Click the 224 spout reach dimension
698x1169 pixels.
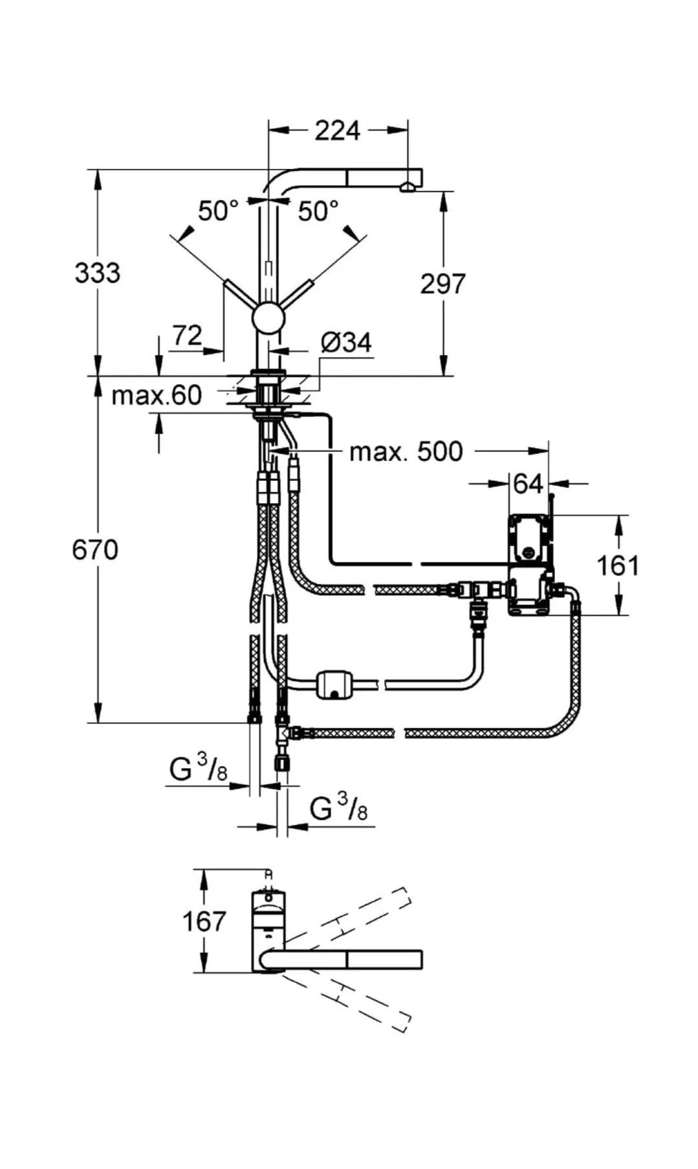click(337, 131)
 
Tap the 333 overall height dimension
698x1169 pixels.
click(97, 273)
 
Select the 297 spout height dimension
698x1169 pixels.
click(443, 284)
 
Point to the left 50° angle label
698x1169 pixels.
click(218, 211)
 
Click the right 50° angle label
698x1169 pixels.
click(318, 211)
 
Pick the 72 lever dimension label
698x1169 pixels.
click(187, 335)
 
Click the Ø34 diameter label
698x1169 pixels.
click(347, 342)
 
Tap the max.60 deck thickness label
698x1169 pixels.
click(157, 395)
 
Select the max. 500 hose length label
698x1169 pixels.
click(406, 452)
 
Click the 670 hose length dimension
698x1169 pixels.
click(95, 550)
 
